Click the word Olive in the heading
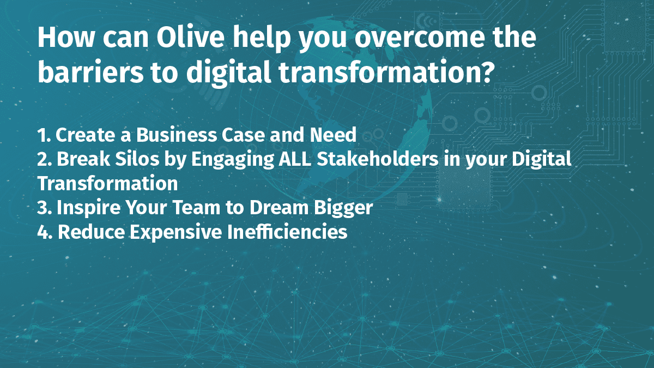click(x=191, y=38)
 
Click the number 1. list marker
click(x=44, y=135)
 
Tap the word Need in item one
click(x=333, y=135)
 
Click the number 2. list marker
click(x=45, y=159)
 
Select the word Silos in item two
click(x=137, y=159)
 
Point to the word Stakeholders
click(x=378, y=159)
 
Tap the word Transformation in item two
click(x=108, y=183)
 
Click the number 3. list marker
click(x=45, y=208)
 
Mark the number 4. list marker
click(x=45, y=232)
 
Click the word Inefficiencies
click(x=287, y=232)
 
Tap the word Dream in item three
click(x=279, y=208)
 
